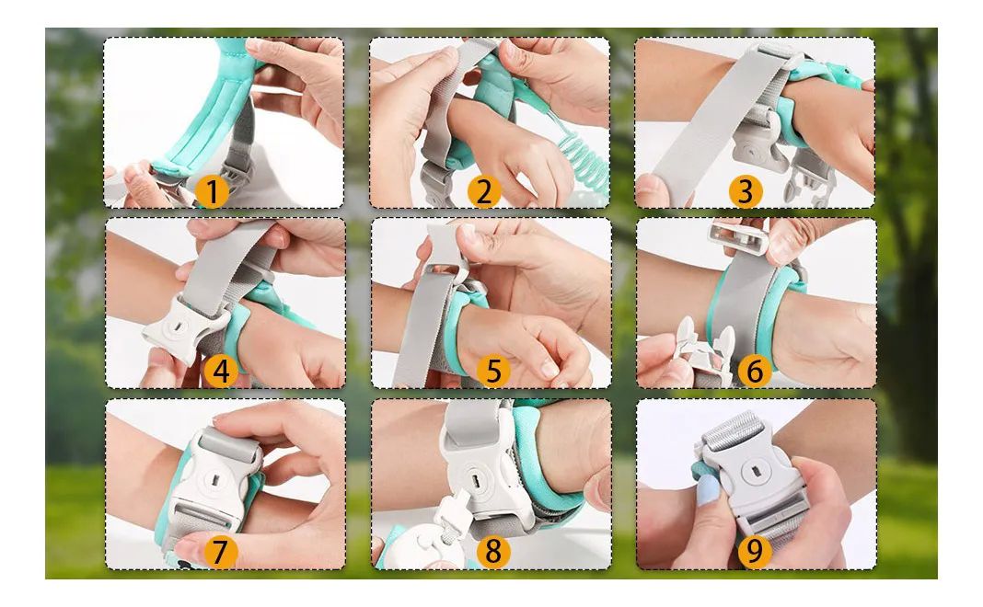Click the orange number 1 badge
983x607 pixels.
pyautogui.click(x=212, y=191)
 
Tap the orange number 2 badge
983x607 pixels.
pyautogui.click(x=484, y=191)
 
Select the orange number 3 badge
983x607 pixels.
pyautogui.click(x=746, y=191)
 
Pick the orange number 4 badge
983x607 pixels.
pyautogui.click(x=221, y=371)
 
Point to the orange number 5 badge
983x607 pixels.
pyautogui.click(x=493, y=371)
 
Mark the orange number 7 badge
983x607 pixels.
pyautogui.click(x=219, y=551)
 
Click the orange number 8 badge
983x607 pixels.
pyautogui.click(x=493, y=551)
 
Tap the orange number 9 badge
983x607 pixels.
pyautogui.click(x=754, y=551)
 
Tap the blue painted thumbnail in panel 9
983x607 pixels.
pyautogui.click(x=708, y=489)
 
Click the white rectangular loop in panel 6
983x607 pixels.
pyautogui.click(x=738, y=237)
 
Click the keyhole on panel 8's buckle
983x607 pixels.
pyautogui.click(x=476, y=480)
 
